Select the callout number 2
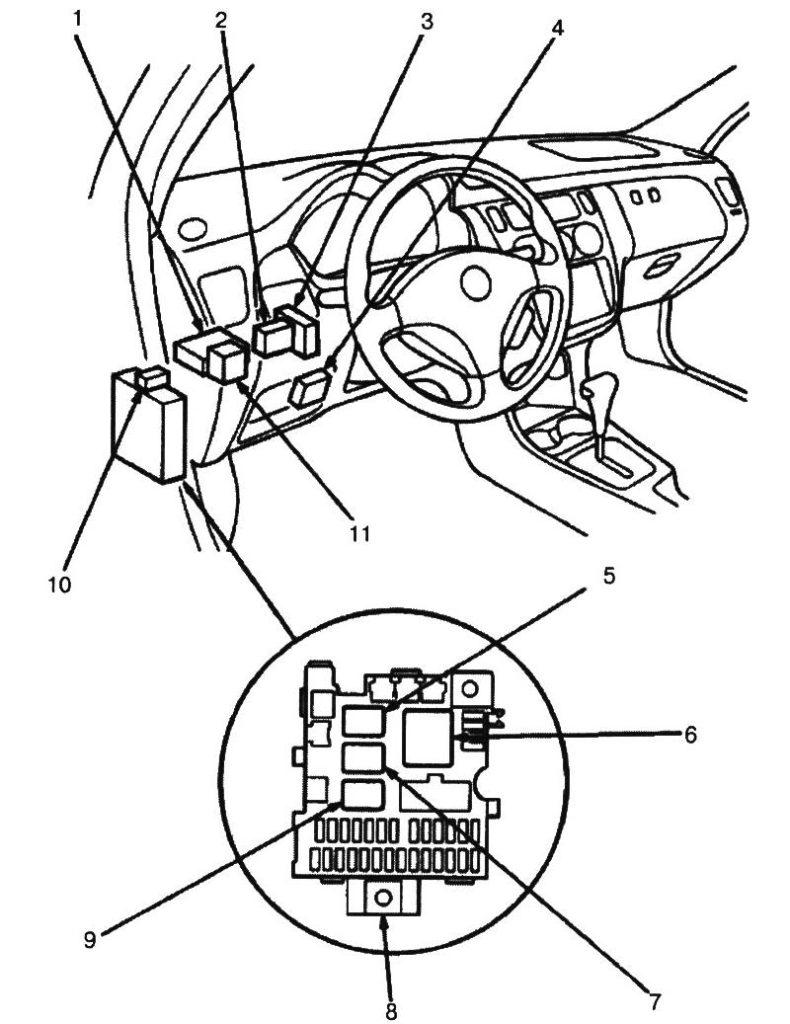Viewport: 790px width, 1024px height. coord(221,19)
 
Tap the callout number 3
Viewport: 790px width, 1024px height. coord(427,19)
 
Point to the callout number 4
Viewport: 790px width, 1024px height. coord(558,27)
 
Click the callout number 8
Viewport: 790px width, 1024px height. coord(391,1010)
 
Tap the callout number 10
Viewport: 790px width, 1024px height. coord(59,583)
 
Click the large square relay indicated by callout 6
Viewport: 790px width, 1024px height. coord(427,738)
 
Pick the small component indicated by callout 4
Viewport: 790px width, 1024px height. coord(307,387)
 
